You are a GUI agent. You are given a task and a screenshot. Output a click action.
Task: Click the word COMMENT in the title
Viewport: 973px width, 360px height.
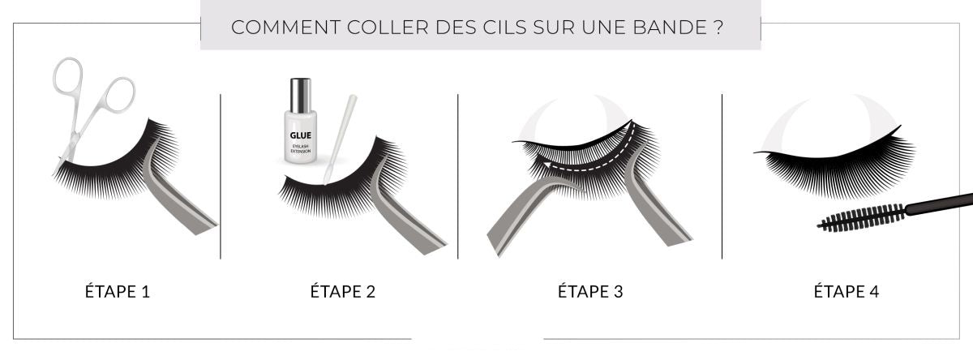tap(285, 28)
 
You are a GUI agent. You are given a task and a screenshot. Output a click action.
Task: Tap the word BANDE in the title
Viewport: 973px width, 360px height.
tap(671, 28)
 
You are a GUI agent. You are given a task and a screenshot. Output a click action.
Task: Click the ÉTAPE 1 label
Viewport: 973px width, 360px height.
tap(118, 291)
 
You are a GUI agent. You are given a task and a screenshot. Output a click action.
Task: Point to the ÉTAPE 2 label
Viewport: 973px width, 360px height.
tap(343, 291)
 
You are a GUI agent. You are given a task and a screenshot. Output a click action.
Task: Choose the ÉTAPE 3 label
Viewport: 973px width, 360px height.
tap(590, 291)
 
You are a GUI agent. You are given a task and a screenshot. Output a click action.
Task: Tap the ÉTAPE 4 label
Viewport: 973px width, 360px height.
tap(847, 291)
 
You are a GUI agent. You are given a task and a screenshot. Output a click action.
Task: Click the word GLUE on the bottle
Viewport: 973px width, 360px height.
tap(300, 135)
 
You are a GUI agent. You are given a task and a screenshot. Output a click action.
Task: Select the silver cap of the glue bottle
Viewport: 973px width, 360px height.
tap(301, 95)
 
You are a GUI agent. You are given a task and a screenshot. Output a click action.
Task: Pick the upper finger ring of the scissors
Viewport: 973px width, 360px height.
tap(68, 75)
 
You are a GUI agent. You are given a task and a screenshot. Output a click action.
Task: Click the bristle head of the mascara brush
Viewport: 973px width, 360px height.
tap(861, 218)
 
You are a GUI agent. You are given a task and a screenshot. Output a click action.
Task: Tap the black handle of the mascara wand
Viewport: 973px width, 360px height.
tap(939, 204)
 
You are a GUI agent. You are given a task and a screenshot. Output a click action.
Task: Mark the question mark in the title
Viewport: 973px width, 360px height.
tap(718, 28)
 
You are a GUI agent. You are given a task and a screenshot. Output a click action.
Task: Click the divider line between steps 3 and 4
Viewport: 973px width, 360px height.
tap(722, 176)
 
